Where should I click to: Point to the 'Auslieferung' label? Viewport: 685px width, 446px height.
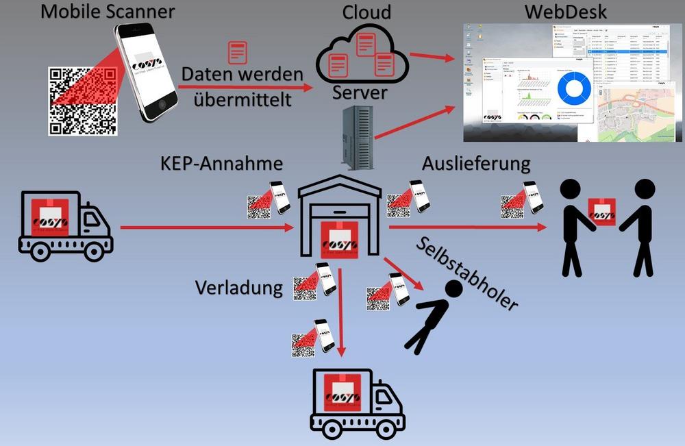476,164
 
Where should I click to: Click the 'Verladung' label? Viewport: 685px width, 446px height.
238,287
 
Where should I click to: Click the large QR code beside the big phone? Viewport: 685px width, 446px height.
81,100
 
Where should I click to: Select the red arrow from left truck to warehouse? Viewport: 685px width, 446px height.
206,227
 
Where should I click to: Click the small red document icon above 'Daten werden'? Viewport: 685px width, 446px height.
237,53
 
